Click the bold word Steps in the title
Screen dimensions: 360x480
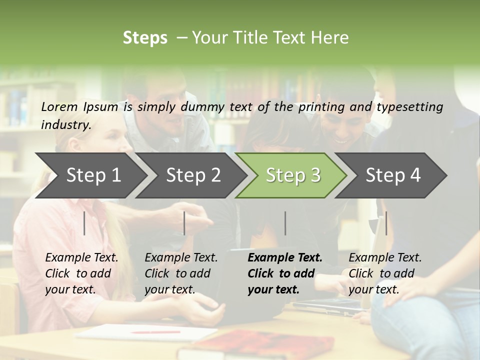[x=145, y=38]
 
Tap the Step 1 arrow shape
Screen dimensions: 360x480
[x=90, y=175]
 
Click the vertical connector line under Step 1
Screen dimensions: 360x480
[x=84, y=223]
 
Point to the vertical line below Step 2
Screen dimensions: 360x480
[x=184, y=223]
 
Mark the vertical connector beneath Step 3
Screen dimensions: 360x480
[x=285, y=223]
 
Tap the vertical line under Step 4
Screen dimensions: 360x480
[x=386, y=223]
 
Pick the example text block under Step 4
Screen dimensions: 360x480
[x=385, y=273]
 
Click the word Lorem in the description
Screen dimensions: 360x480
[x=59, y=106]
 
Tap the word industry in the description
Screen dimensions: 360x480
[x=66, y=125]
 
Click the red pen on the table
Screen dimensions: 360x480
[x=155, y=331]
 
